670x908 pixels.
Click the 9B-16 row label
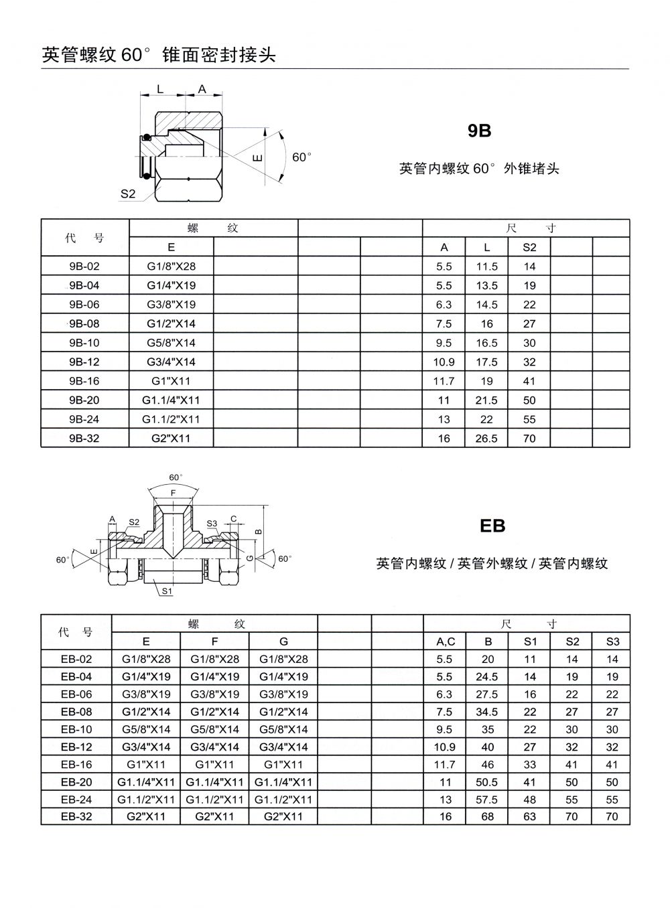tap(84, 381)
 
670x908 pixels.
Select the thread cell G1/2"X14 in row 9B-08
tap(171, 323)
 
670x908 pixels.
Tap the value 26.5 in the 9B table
tap(486, 439)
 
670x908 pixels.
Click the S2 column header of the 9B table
tap(529, 247)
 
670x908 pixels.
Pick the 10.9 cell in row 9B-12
tap(444, 362)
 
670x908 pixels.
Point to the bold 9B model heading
tap(480, 131)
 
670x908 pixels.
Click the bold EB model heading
tap(492, 526)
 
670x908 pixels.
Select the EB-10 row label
tap(76, 729)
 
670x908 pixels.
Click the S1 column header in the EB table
tap(530, 641)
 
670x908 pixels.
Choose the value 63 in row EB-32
tap(530, 816)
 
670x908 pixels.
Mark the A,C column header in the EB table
tap(445, 641)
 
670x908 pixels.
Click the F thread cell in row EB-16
tap(214, 764)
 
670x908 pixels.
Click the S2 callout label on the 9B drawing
tap(128, 194)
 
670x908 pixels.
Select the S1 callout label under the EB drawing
tap(167, 591)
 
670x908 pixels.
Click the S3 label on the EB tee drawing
tap(212, 523)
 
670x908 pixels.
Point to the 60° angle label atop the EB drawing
tap(175, 477)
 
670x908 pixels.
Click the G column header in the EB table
tap(283, 641)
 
